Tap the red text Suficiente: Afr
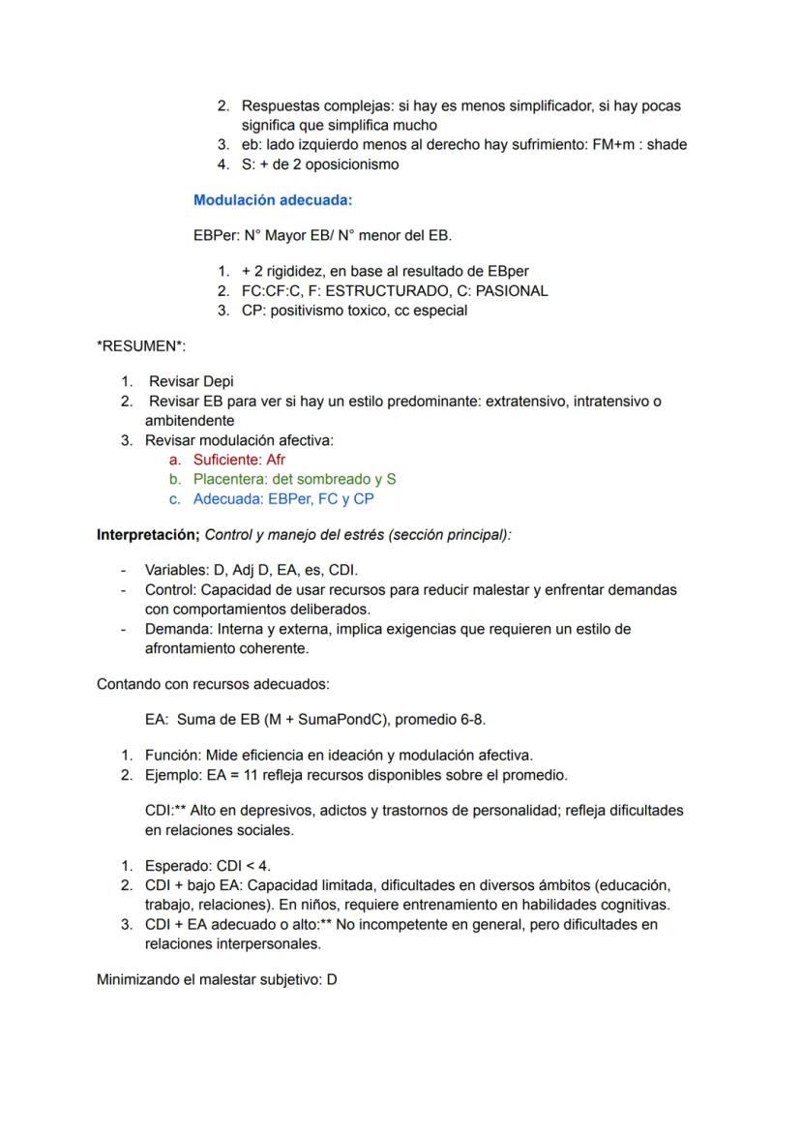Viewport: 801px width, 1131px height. pyautogui.click(x=239, y=460)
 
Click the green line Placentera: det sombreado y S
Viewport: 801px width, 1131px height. pyautogui.click(x=294, y=479)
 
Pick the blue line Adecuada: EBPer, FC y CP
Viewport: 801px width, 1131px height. pyautogui.click(x=283, y=499)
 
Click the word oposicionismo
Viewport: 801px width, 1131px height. pyautogui.click(x=352, y=164)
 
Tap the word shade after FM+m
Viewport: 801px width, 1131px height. pyautogui.click(x=667, y=145)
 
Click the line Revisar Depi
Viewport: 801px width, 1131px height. pyautogui.click(x=192, y=381)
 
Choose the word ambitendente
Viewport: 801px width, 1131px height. pyautogui.click(x=190, y=421)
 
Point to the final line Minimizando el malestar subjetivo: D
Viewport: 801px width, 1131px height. pyautogui.click(x=217, y=979)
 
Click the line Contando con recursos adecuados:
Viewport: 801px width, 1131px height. pyautogui.click(x=213, y=684)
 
